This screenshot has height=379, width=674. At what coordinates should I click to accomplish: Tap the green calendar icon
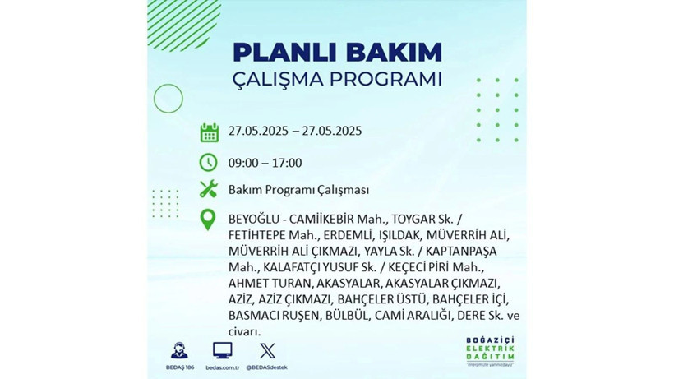[209, 132]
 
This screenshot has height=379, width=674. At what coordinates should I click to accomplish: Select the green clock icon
[209, 162]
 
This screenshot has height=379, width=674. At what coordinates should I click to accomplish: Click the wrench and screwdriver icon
[209, 189]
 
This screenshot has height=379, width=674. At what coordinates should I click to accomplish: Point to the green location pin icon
[209, 220]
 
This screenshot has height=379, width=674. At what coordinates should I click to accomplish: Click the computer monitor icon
[222, 349]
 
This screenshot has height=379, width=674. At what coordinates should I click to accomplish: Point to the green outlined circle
[168, 98]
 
